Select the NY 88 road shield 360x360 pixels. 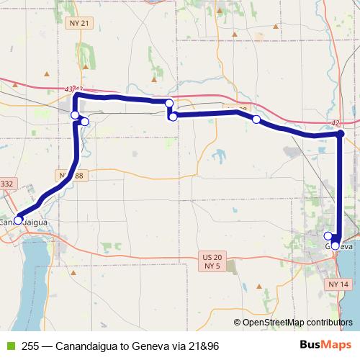[x=73, y=176]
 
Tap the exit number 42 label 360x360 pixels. [x=335, y=123]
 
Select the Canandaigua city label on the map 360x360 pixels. [x=26, y=222]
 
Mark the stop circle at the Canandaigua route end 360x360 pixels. [x=18, y=220]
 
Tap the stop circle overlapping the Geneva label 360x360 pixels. [x=336, y=246]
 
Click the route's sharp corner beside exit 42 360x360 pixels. [x=341, y=134]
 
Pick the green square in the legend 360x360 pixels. [x=10, y=346]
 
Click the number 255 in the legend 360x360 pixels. [x=30, y=346]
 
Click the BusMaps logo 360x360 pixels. [x=325, y=345]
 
